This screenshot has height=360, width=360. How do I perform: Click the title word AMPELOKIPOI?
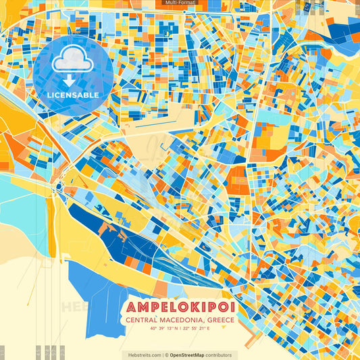[x=180, y=307]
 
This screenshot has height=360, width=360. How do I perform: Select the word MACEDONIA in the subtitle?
[x=184, y=320]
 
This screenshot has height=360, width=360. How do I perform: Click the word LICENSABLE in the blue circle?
[x=73, y=95]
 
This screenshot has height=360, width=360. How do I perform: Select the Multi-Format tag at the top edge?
[x=180, y=3]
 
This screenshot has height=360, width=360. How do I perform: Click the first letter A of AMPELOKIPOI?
[x=131, y=307]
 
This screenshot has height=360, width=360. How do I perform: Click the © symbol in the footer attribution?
[x=166, y=355]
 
